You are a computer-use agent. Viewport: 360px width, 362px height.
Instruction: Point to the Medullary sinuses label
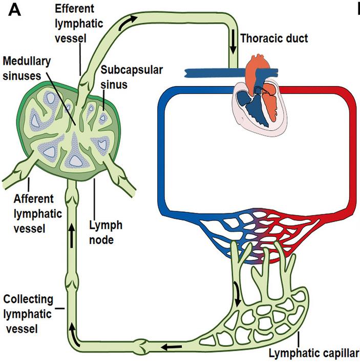coord(27,67)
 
